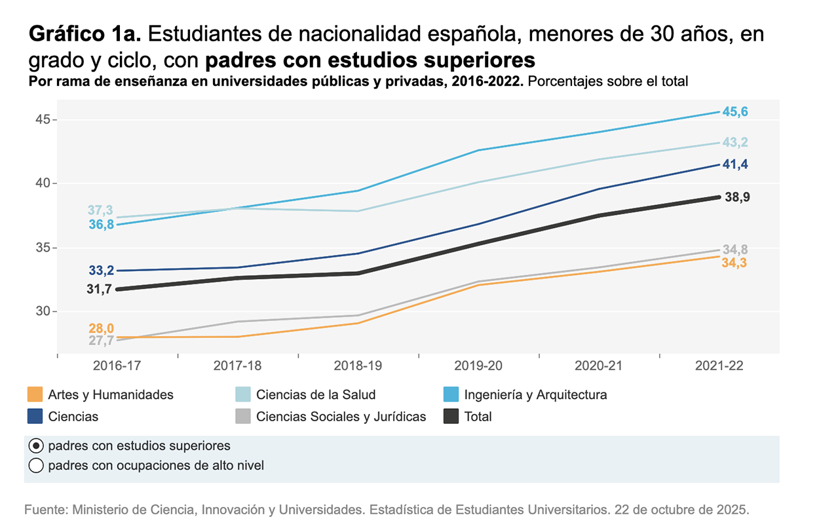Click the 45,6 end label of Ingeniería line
point(734,112)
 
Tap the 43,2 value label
point(734,142)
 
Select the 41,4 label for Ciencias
point(734,165)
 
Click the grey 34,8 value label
point(735,249)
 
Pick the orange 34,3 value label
point(734,263)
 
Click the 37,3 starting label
point(100,210)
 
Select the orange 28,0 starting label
point(101,328)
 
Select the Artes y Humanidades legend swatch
point(35,394)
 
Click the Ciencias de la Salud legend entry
point(315,394)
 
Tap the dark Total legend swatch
point(451,416)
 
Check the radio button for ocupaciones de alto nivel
point(36,466)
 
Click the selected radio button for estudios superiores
point(36,446)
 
